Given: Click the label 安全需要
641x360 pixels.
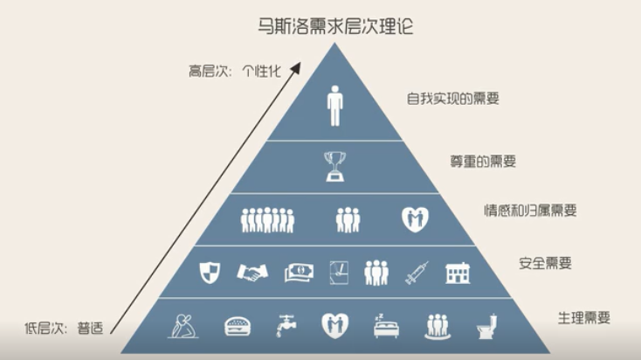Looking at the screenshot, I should click(539, 262).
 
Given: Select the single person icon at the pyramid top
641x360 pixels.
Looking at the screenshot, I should click(334, 105).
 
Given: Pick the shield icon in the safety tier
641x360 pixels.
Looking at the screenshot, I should click(210, 272).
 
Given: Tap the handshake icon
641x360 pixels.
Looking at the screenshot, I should click(252, 273).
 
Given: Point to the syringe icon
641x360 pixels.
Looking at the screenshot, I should click(416, 273).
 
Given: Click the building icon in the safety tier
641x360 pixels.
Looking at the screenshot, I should click(458, 273).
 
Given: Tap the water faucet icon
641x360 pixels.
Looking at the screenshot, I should click(285, 326).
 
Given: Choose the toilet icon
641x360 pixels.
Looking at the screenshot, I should click(484, 326).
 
